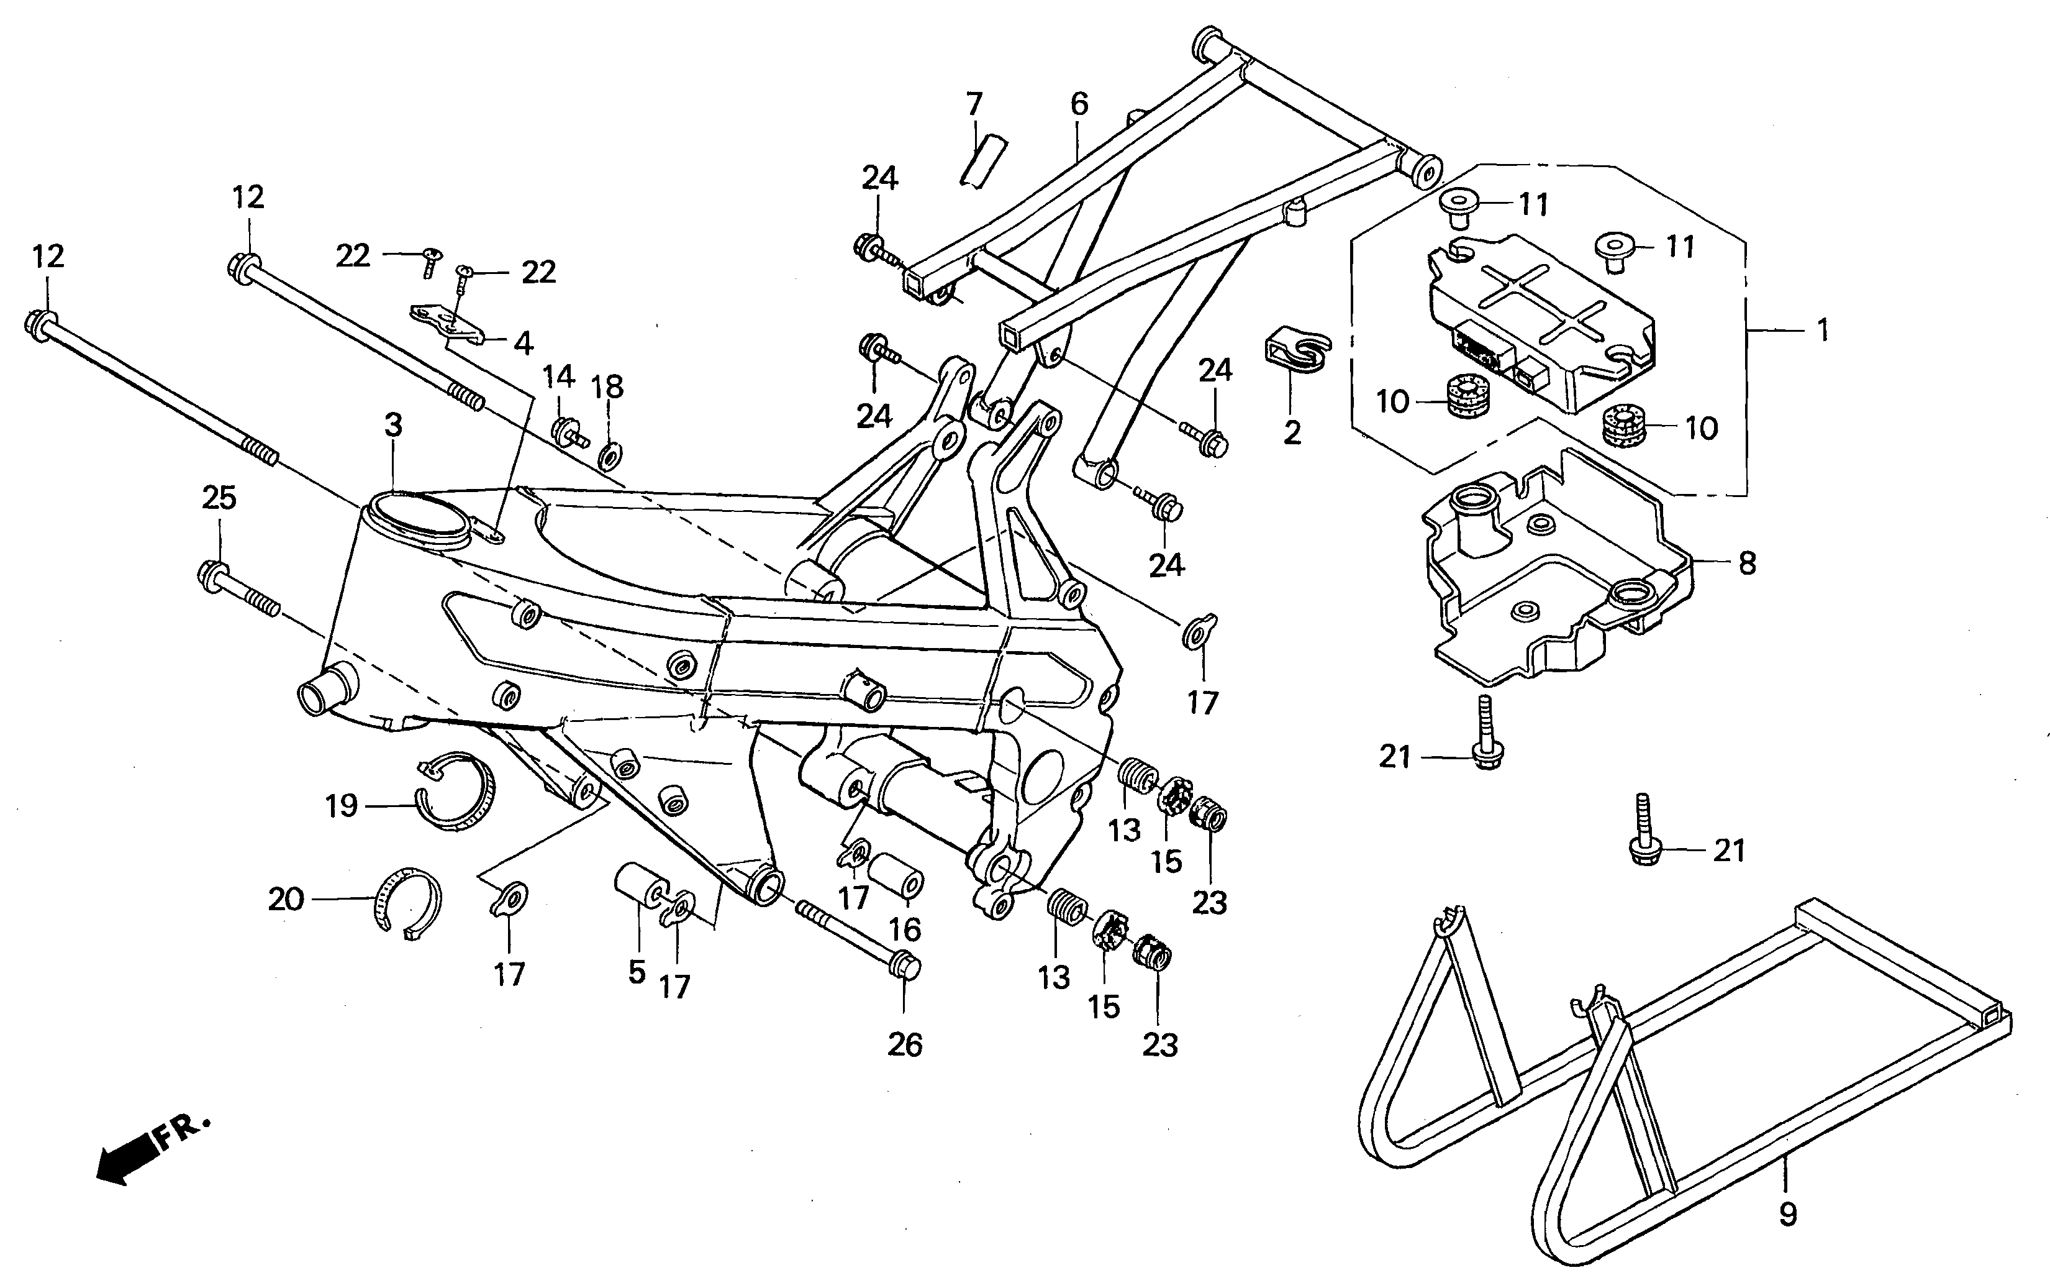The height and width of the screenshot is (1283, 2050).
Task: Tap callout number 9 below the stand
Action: [1787, 1214]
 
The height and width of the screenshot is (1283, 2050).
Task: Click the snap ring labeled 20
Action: [408, 905]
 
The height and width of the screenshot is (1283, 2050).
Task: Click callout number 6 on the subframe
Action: [1078, 104]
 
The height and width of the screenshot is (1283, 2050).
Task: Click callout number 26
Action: [904, 1044]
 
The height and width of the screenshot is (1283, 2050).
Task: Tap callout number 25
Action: [219, 498]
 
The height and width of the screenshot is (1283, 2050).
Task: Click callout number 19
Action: [342, 805]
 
